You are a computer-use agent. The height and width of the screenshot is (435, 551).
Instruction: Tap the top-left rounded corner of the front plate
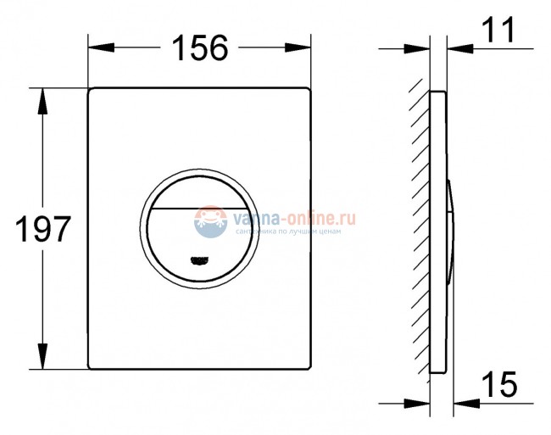91,89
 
